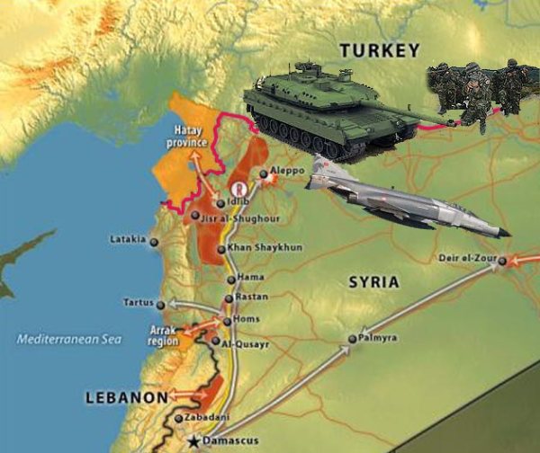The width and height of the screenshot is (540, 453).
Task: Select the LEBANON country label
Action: [125, 396]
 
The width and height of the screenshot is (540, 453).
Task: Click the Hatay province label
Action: [190, 138]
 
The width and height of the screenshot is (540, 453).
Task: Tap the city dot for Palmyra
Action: [352, 339]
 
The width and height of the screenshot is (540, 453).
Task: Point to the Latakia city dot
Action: [155, 241]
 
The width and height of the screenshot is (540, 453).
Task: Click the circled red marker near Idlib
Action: [239, 190]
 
